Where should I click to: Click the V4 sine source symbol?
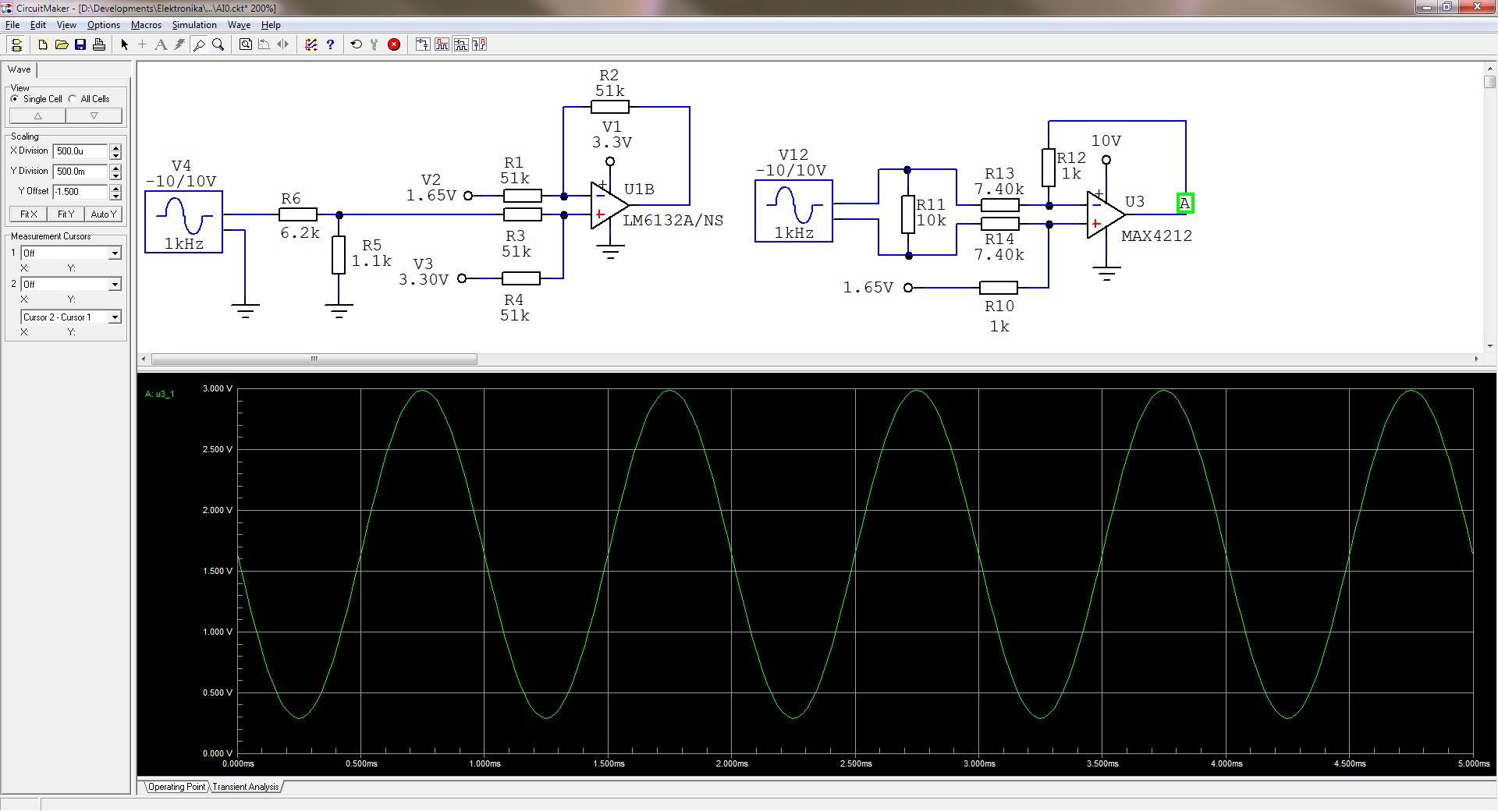click(184, 221)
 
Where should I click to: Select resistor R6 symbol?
click(298, 214)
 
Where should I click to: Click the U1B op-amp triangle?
click(609, 205)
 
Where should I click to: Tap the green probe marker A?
click(1185, 204)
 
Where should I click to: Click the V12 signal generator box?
click(793, 211)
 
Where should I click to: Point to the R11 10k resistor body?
click(907, 214)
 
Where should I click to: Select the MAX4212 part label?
click(1156, 236)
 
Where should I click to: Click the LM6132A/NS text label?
click(673, 221)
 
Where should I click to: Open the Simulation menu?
click(194, 25)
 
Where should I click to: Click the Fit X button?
click(29, 214)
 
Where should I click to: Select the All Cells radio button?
click(73, 99)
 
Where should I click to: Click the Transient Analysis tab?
click(246, 787)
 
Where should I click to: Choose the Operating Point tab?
click(177, 787)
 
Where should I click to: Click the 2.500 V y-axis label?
click(218, 449)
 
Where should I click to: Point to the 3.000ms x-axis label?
click(979, 763)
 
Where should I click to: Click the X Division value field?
click(80, 151)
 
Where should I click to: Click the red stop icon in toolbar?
click(394, 44)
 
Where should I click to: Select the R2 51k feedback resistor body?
click(610, 107)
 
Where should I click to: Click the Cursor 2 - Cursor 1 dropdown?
click(71, 317)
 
